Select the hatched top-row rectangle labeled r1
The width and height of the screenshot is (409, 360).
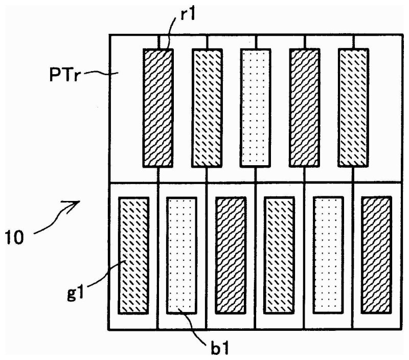point(158,108)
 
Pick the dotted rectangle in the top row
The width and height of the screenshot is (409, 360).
point(256,108)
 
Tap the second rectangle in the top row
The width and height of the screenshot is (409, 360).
point(207,108)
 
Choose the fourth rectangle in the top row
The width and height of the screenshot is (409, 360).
point(305,108)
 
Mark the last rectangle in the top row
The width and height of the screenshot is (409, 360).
point(353,108)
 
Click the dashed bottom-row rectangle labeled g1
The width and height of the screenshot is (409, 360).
point(134,255)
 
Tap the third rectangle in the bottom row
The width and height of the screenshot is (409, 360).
point(231,255)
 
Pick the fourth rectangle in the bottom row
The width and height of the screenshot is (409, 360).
point(279,255)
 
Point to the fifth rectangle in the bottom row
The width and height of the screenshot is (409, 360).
point(328,255)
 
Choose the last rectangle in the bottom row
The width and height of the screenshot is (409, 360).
point(376,255)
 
